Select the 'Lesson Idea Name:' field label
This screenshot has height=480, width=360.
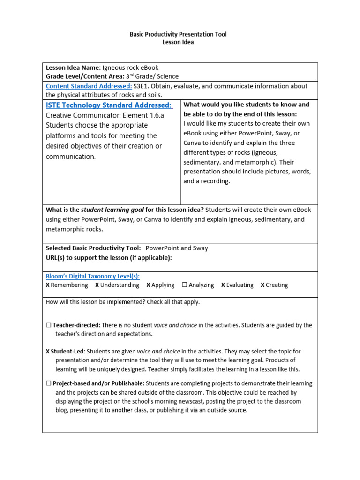point(73,67)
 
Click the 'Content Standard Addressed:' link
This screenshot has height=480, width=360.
point(89,86)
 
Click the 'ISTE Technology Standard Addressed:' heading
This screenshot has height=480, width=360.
point(109,105)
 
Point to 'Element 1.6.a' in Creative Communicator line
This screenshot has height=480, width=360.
point(143,115)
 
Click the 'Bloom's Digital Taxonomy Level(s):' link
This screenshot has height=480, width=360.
point(92,276)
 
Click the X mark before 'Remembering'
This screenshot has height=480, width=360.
point(48,285)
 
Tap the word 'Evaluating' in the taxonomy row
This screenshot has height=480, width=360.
point(240,285)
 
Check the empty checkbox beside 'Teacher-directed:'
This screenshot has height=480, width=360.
point(49,325)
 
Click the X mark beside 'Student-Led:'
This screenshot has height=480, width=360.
point(48,351)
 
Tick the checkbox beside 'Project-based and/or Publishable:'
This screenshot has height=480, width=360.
point(49,383)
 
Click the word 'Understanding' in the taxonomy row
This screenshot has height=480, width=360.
point(120,285)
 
